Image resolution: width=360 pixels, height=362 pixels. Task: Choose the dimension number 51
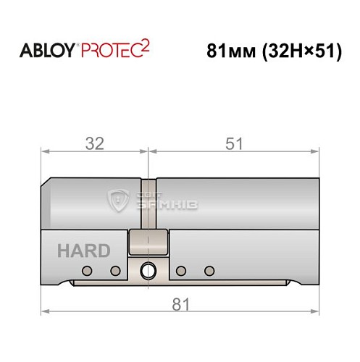point(233,143)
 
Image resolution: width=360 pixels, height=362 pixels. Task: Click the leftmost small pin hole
point(87,271)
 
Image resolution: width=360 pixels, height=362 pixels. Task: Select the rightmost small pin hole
point(209,271)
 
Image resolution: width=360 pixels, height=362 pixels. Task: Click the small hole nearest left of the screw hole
point(114,271)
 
